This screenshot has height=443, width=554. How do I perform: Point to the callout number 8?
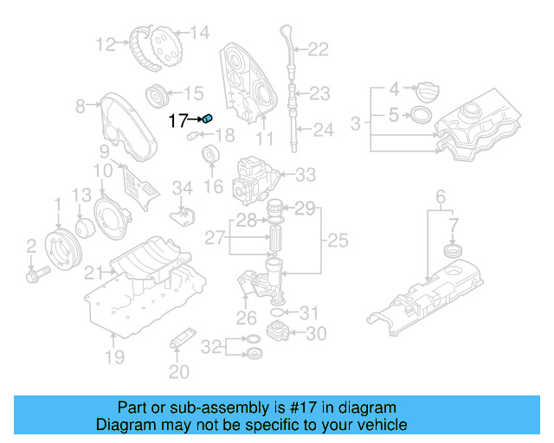[81, 106]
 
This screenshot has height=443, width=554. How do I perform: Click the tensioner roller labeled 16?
[209, 157]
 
